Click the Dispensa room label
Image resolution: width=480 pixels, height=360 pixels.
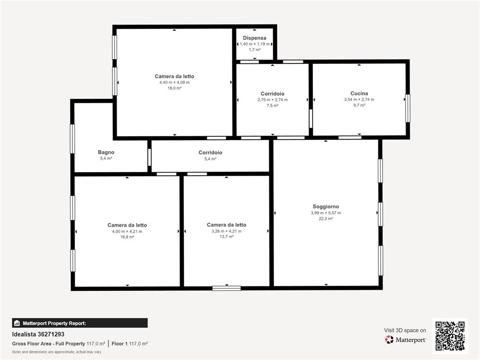(254, 38)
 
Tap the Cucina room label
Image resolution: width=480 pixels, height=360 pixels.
(359, 94)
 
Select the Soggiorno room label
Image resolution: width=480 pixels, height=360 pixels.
(326, 206)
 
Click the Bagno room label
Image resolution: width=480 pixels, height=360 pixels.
(106, 152)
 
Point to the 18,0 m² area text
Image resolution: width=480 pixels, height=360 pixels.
(174, 88)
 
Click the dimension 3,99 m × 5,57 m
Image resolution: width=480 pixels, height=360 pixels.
(326, 213)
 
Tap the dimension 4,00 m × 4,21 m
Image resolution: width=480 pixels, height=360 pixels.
(127, 231)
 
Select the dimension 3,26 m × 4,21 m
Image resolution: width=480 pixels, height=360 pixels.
(226, 231)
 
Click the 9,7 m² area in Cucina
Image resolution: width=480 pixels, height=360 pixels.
(359, 105)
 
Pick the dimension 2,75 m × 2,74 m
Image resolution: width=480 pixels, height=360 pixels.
(273, 100)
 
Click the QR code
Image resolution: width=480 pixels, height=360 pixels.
(450, 336)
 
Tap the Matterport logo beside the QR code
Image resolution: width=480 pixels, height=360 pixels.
(405, 340)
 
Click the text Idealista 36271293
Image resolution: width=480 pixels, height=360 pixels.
(38, 334)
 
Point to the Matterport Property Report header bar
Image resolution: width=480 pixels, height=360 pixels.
(80, 323)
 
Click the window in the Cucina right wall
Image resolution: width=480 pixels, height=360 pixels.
(408, 108)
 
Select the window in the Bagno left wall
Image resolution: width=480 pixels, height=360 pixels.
(72, 139)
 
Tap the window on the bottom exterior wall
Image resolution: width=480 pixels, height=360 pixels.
(227, 288)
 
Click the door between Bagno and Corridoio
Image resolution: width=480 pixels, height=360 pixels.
(149, 157)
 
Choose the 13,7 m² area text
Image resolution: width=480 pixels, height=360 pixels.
(226, 237)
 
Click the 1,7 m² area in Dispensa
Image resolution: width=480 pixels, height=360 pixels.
(254, 50)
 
